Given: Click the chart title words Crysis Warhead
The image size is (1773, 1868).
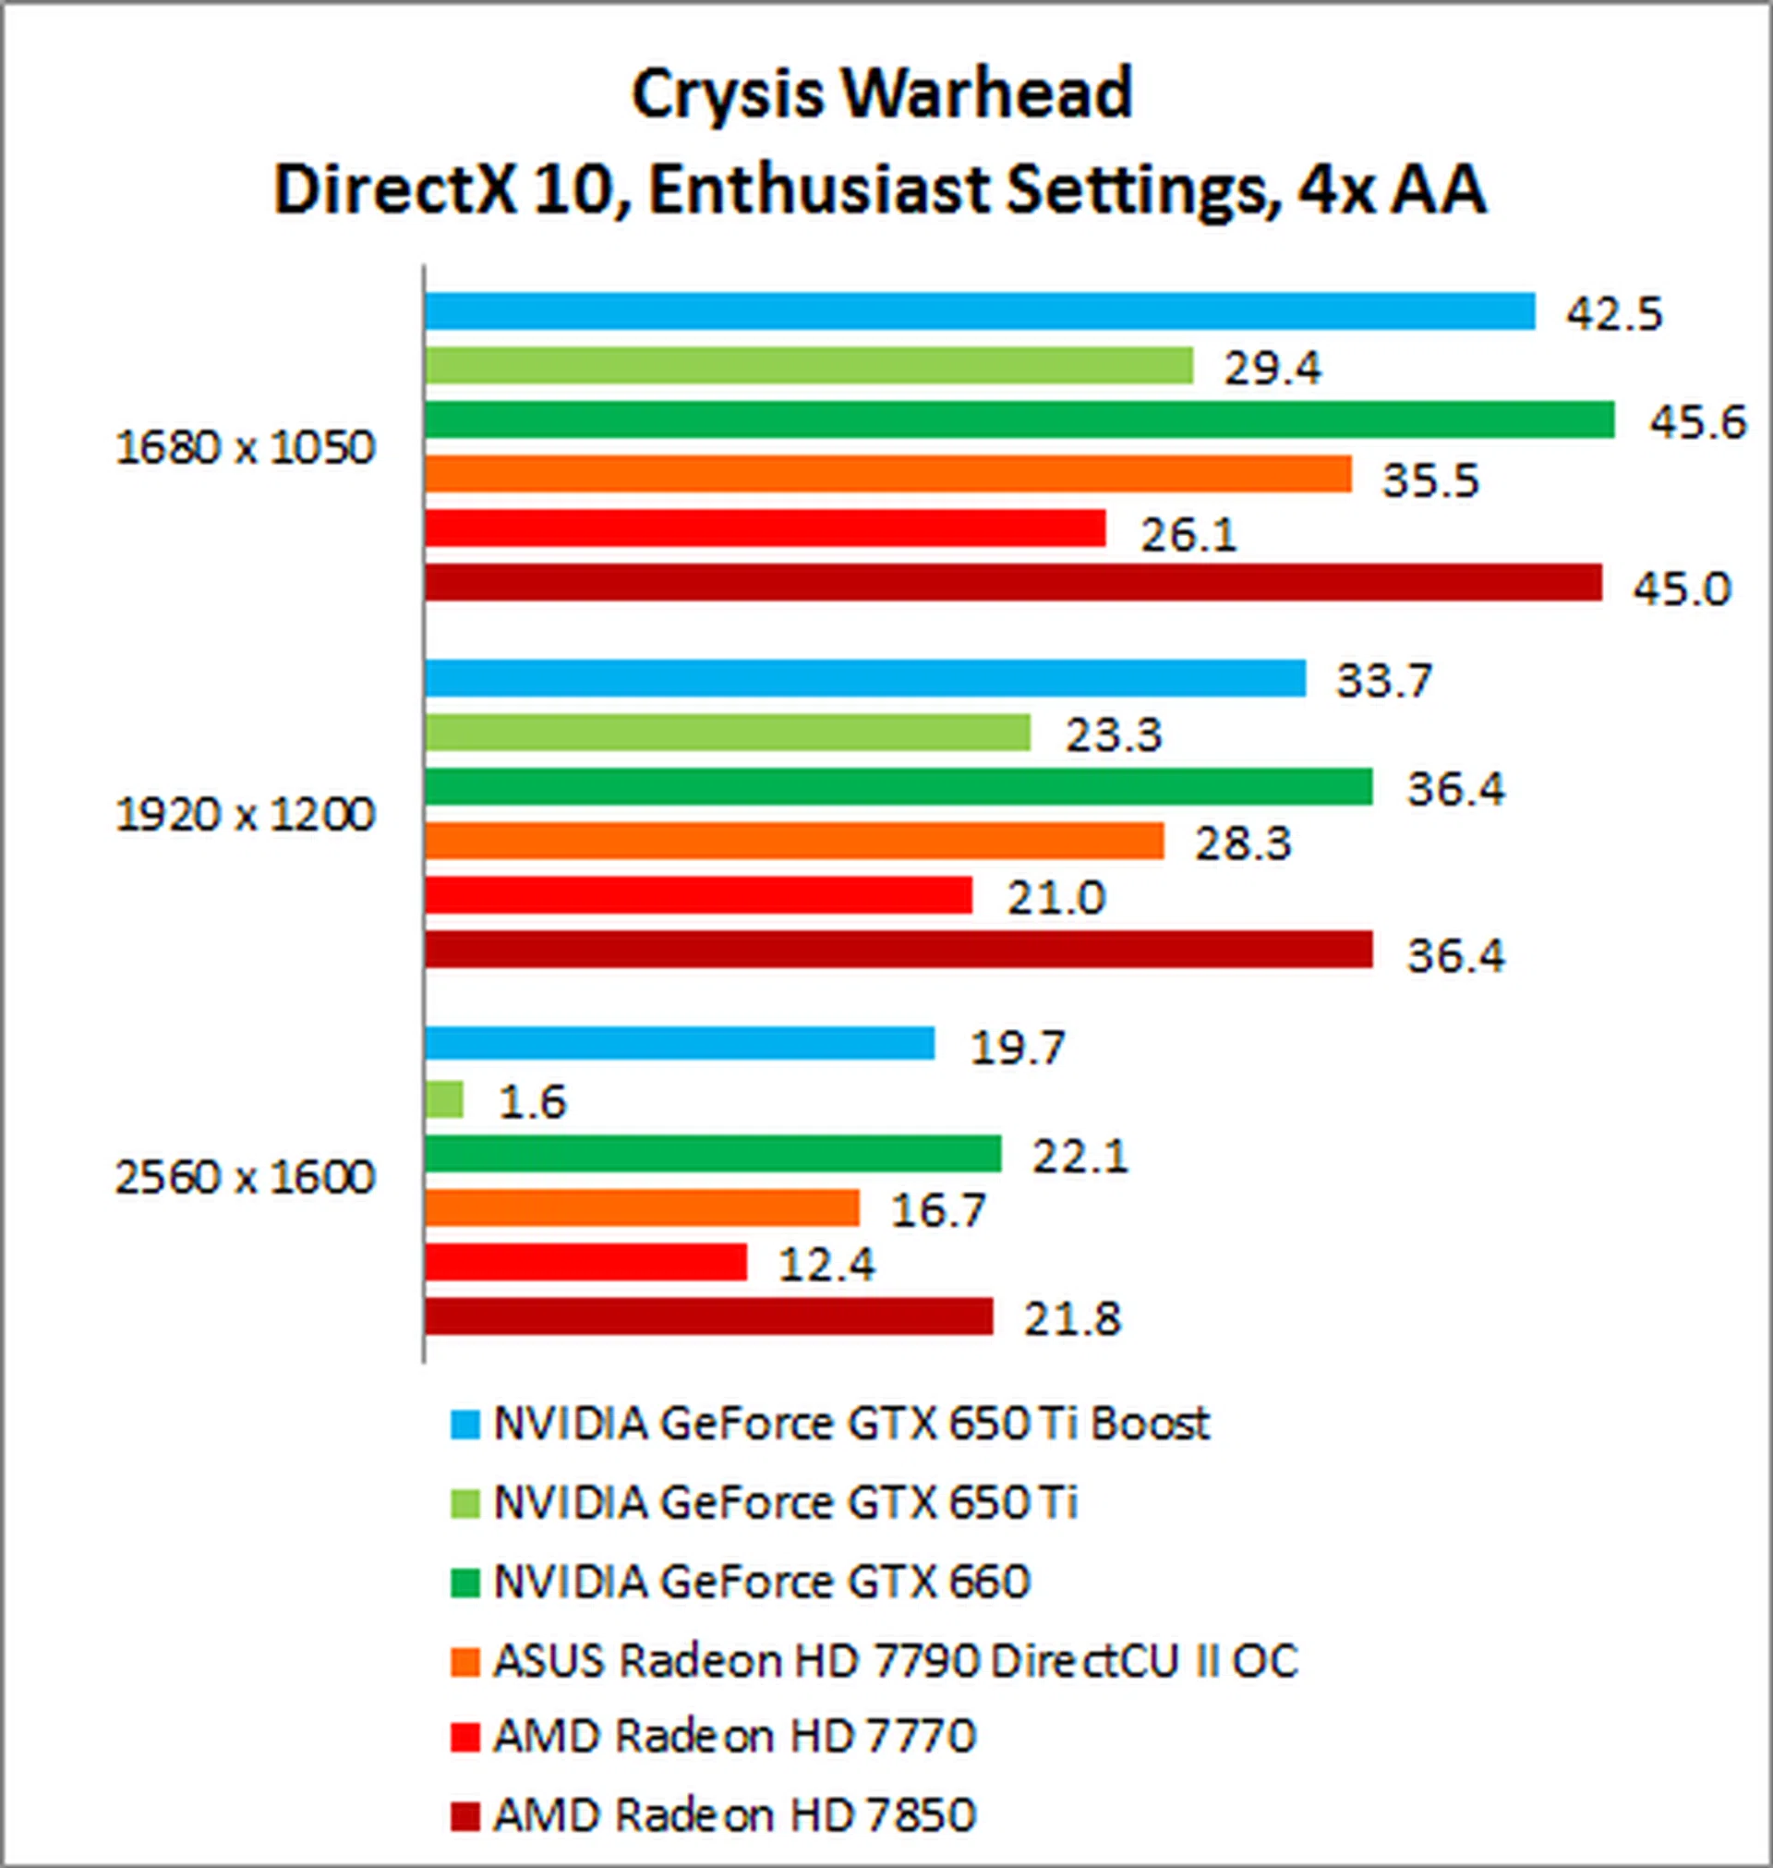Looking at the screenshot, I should coord(881,94).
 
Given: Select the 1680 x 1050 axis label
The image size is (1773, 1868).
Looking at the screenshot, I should coord(245,448).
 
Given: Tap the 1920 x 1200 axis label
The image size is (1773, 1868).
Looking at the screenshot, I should coord(245,815).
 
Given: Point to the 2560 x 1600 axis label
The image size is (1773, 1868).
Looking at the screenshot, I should coord(245,1178).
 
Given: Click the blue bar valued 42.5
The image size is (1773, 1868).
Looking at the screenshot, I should coord(979,312).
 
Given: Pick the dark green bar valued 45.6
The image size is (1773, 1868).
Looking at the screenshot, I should coord(1019,419).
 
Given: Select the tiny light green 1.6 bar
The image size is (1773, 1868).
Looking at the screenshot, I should coord(444,1099).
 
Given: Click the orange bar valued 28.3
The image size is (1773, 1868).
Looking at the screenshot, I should coord(794,841).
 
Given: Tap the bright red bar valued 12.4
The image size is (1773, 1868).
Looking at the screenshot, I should coord(586,1262).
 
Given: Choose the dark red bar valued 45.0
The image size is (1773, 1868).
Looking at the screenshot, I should coord(1013,582).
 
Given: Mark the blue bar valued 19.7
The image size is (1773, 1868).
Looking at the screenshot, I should coord(680,1044).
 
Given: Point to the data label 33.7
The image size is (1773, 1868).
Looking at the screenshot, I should coord(1383,681).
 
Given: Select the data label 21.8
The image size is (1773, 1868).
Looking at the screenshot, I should coord(1072,1318).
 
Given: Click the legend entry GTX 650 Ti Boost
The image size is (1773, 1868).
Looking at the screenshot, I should coord(850,1425).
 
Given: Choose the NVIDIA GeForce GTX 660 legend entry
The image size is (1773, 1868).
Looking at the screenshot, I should coord(761,1582).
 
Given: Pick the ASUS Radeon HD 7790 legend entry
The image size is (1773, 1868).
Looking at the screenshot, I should coord(894,1661).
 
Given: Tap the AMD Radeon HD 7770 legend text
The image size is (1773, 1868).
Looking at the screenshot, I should coord(734,1737).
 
